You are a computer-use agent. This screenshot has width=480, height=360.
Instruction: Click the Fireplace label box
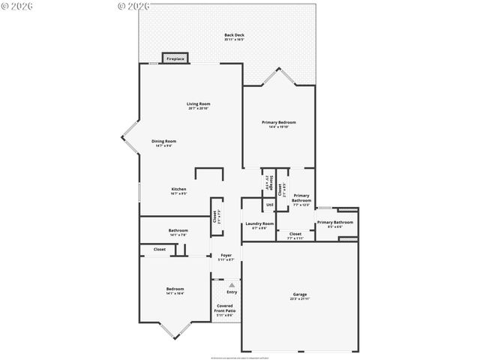click(175, 58)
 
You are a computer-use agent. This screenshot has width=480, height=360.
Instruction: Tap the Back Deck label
click(234, 35)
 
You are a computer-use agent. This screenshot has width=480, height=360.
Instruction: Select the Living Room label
click(199, 103)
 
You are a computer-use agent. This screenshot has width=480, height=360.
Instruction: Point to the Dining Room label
click(163, 141)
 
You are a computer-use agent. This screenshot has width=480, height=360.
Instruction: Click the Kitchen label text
click(178, 189)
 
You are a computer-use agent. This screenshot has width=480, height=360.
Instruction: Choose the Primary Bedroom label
click(278, 122)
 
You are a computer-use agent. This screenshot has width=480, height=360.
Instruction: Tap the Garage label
click(299, 294)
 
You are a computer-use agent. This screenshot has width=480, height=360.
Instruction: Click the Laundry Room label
click(259, 223)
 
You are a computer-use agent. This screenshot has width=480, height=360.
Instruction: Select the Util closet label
click(269, 205)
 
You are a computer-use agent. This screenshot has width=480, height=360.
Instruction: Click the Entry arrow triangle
click(232, 285)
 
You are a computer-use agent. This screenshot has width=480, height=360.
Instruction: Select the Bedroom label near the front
click(175, 289)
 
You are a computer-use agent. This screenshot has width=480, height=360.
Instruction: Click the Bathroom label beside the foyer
click(178, 230)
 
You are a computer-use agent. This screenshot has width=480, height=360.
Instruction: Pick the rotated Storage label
click(265, 182)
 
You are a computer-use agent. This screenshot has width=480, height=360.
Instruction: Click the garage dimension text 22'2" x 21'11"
click(299, 299)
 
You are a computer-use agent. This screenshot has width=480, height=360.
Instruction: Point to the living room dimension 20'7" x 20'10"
click(199, 109)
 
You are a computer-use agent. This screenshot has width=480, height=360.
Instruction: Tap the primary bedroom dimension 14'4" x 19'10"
click(278, 127)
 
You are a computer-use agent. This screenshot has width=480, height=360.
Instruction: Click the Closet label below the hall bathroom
click(160, 249)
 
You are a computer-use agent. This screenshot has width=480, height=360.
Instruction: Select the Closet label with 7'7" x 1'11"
click(295, 234)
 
